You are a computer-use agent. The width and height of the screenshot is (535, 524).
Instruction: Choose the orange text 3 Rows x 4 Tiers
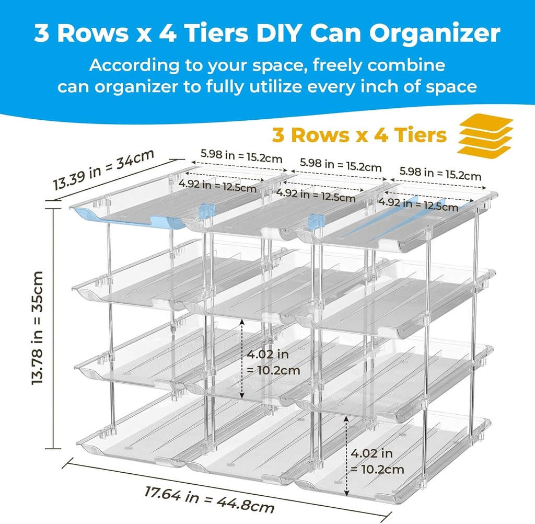[x=359, y=135]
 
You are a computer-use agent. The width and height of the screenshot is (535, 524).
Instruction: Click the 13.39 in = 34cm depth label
[x=103, y=170]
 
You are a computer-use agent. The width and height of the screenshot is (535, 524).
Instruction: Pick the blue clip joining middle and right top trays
[x=315, y=222]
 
